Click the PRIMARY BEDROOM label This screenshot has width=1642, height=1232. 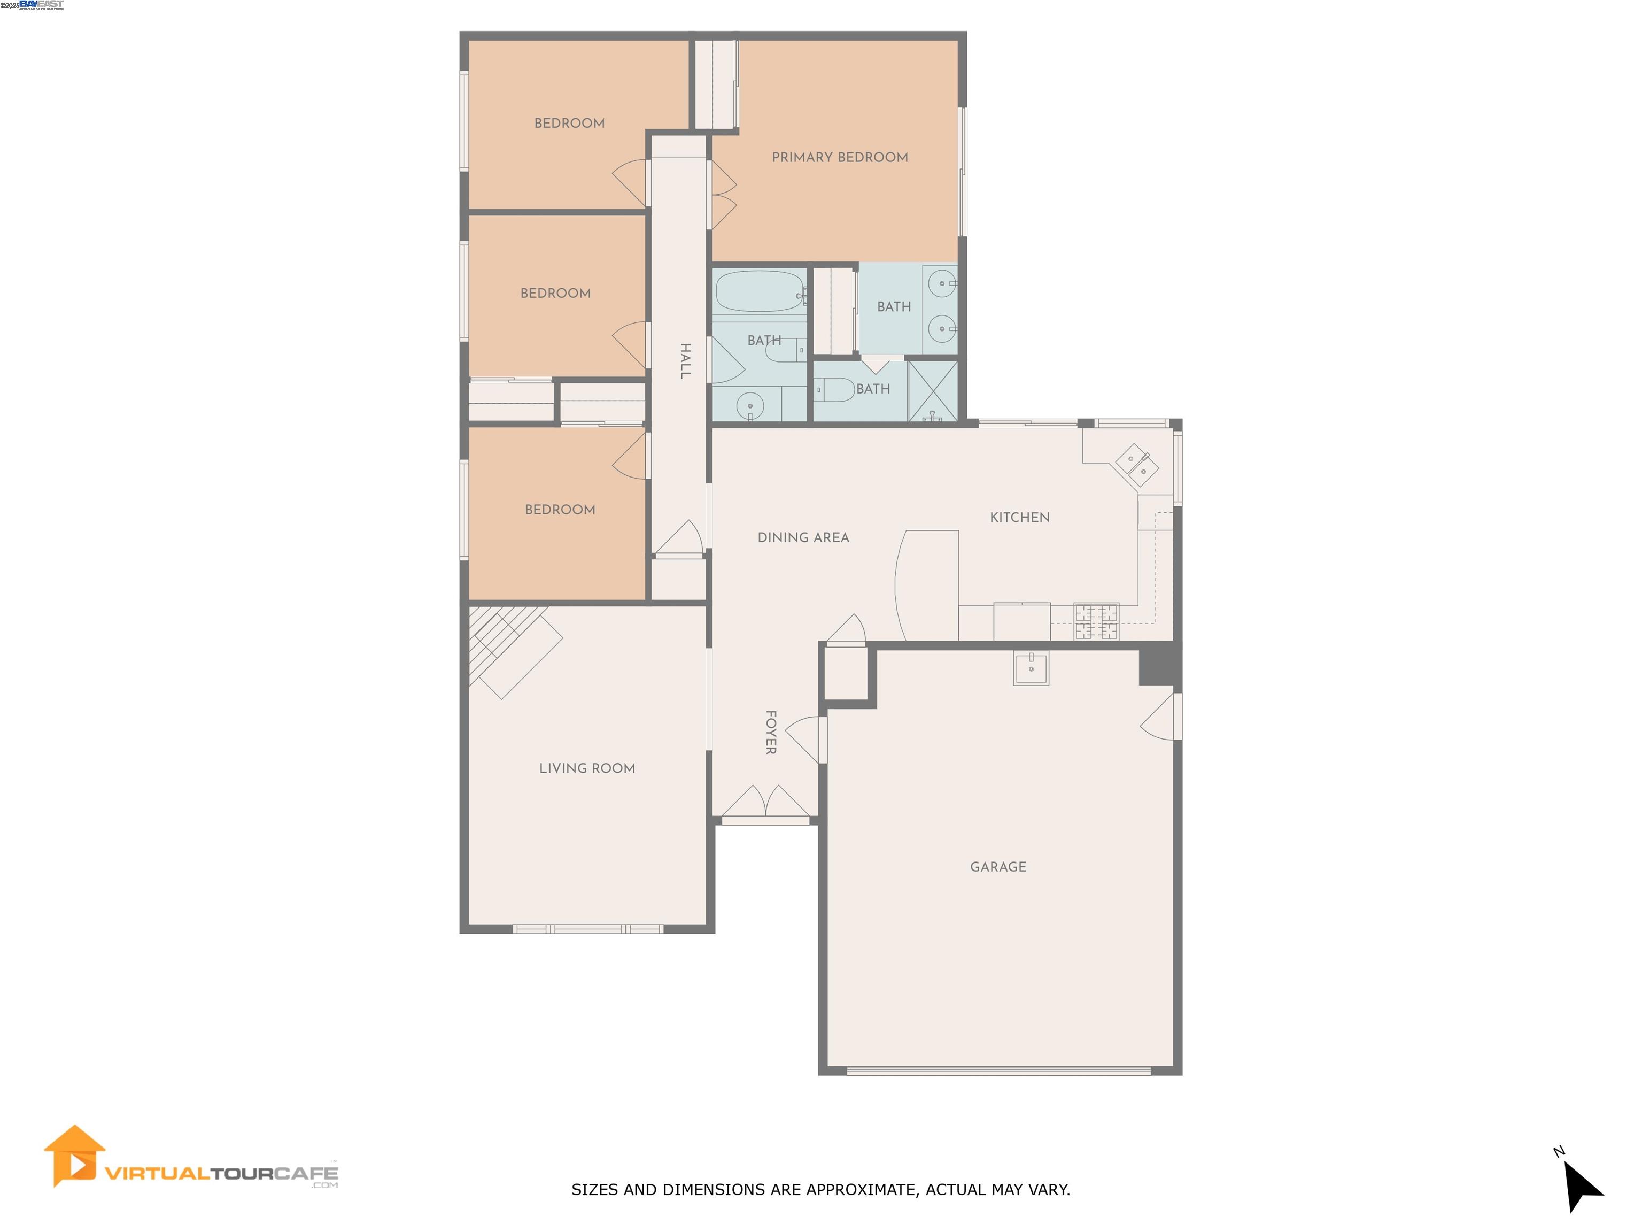(840, 157)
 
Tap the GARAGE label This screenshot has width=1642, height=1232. (998, 867)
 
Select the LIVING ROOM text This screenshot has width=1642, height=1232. (586, 768)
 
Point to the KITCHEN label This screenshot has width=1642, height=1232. (1019, 518)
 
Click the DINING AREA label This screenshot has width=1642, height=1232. (803, 537)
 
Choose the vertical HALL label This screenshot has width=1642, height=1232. (685, 361)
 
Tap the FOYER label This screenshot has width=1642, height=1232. (771, 732)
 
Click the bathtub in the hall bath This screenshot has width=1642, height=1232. (758, 291)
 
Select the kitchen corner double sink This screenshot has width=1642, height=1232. (1136, 464)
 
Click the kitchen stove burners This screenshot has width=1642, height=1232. (1096, 621)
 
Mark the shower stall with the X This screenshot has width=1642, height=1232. (932, 391)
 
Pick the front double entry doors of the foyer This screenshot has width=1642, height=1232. (765, 806)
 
